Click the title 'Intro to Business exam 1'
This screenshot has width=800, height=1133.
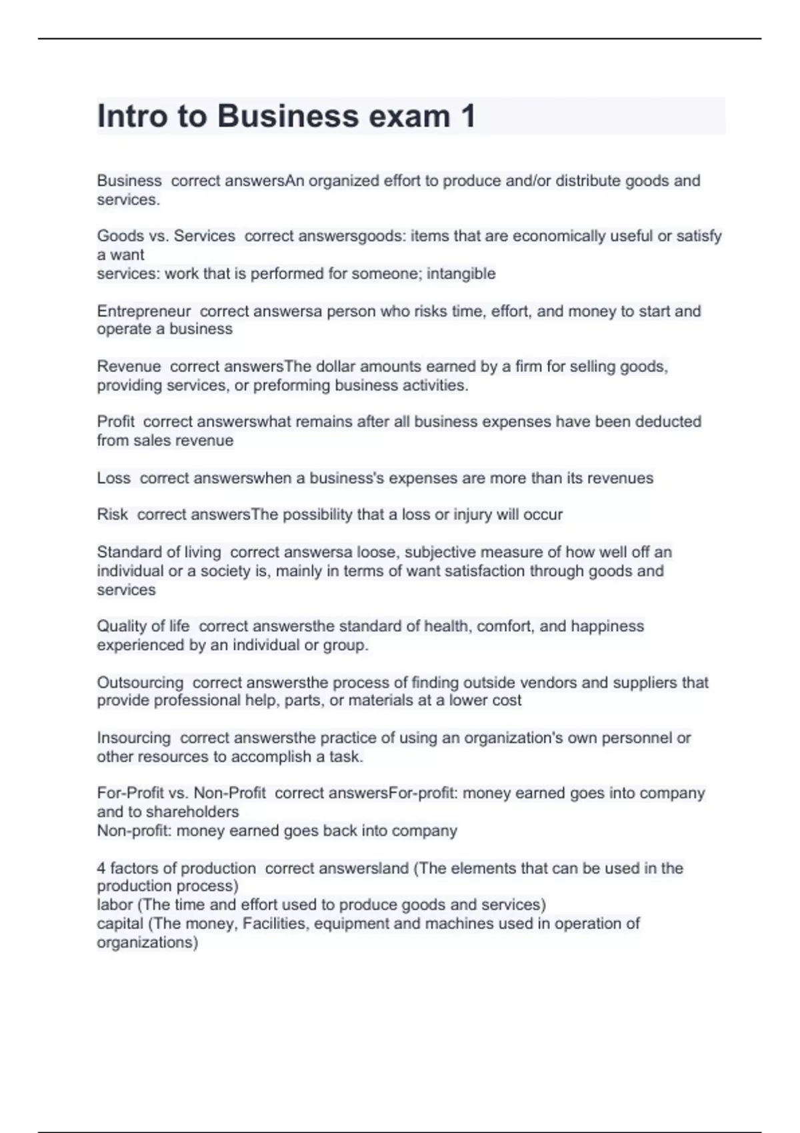[x=286, y=116]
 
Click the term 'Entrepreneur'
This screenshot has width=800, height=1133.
[x=143, y=311]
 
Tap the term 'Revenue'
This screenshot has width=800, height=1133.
[x=129, y=367]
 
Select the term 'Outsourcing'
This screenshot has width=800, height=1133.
[x=140, y=682]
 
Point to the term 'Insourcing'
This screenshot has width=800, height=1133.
[x=133, y=738]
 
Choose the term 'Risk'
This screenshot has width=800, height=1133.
[x=112, y=515]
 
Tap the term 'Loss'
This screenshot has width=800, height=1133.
[x=113, y=478]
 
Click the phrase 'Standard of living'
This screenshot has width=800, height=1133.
[x=159, y=552]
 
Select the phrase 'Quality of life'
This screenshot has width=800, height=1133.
[x=143, y=626]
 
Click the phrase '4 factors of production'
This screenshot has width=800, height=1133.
[x=176, y=868]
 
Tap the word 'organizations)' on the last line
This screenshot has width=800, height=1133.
[x=147, y=942]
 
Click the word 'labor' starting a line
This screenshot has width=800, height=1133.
[x=115, y=905]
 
